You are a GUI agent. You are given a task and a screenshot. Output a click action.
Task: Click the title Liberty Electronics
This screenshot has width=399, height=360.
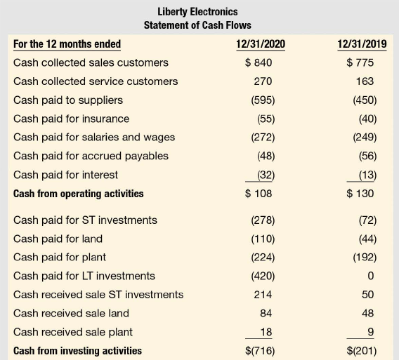(x=197, y=12)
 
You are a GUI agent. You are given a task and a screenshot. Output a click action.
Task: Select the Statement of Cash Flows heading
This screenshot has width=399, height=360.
(x=197, y=25)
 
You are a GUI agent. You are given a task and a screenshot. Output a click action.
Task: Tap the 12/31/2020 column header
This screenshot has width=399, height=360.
(x=261, y=44)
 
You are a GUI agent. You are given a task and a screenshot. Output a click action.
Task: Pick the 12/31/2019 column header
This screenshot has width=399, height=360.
(x=362, y=44)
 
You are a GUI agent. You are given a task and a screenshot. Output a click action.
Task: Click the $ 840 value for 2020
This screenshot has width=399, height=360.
(x=259, y=62)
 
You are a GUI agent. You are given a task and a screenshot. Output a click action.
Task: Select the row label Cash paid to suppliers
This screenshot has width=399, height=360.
(x=68, y=100)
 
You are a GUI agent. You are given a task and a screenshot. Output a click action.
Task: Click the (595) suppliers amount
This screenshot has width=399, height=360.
(x=263, y=100)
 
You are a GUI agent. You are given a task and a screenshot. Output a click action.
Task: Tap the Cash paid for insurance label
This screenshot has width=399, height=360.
(x=71, y=119)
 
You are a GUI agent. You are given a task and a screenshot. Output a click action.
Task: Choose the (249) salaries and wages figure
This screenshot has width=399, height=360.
(x=365, y=138)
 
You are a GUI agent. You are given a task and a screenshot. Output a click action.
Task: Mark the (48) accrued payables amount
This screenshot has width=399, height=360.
(x=266, y=156)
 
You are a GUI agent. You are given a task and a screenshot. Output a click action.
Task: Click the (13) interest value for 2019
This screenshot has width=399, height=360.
(x=367, y=175)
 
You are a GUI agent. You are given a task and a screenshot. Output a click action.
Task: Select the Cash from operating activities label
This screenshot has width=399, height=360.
(x=79, y=194)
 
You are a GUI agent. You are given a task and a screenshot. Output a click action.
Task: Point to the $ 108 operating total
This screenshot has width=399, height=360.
(x=259, y=194)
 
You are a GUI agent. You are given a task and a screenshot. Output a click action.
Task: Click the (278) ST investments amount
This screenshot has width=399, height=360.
(x=263, y=220)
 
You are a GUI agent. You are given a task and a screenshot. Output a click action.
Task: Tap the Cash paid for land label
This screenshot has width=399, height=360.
(x=58, y=239)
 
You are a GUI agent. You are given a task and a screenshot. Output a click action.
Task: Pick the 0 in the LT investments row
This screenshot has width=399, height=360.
(x=371, y=276)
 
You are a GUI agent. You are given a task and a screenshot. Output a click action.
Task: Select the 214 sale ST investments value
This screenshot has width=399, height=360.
(x=263, y=295)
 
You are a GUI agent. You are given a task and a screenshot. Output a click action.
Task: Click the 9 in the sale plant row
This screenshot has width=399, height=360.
(x=371, y=332)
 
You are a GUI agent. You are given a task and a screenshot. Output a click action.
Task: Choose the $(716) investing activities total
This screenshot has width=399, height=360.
(x=260, y=351)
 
